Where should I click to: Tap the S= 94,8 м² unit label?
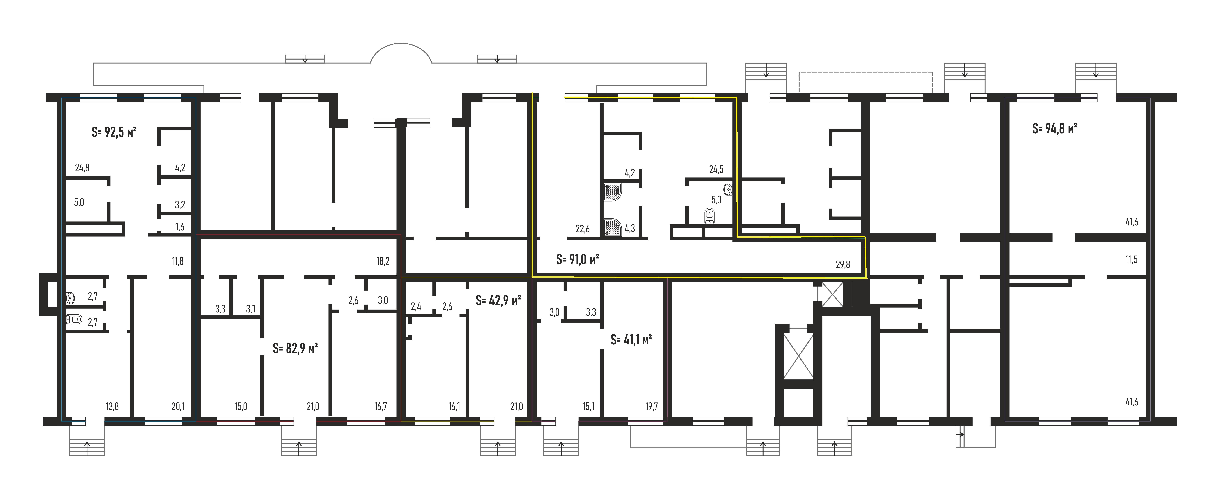coord(1055,128)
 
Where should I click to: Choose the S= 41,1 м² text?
coord(631,340)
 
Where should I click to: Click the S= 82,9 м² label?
coord(295,349)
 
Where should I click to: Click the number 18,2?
coord(383,261)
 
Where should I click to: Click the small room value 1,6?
coord(180,227)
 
